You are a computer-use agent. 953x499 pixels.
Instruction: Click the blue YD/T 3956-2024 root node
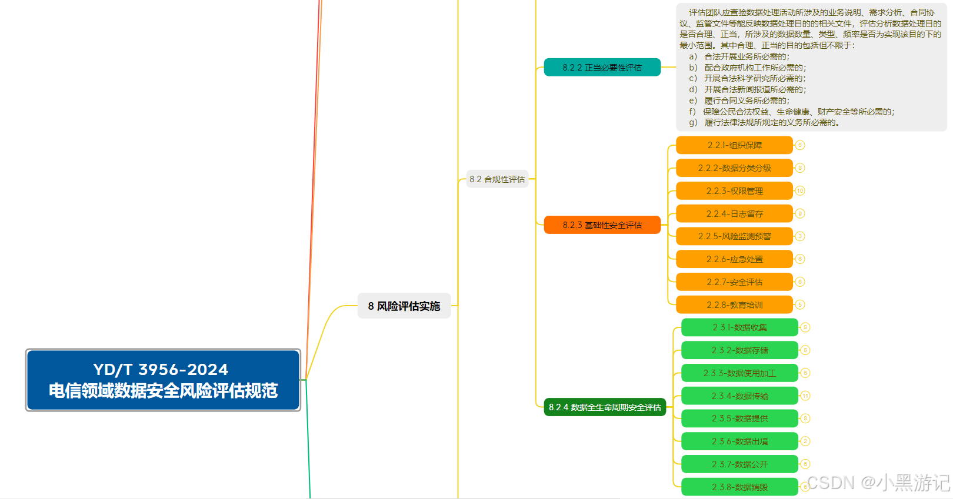(163, 380)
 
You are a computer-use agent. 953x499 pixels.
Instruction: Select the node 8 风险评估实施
(404, 306)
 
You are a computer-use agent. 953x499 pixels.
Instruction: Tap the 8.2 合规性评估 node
(497, 179)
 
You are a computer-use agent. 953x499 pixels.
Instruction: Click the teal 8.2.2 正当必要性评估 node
(602, 68)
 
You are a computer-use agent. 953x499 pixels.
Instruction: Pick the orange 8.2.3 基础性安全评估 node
(602, 225)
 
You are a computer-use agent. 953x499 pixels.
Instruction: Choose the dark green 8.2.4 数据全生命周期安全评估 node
(605, 407)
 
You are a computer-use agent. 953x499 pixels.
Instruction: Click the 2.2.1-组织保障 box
(734, 145)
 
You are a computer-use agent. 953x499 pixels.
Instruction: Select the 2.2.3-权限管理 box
(734, 191)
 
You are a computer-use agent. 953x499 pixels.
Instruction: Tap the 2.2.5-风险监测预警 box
(734, 236)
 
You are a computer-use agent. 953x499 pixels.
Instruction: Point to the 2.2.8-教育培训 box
(734, 305)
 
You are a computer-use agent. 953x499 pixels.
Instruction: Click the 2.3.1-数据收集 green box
(739, 327)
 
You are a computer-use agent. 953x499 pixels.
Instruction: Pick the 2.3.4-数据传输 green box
(739, 396)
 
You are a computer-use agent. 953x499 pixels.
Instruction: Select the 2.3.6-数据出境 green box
(739, 441)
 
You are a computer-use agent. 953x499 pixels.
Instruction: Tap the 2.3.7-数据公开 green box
(739, 464)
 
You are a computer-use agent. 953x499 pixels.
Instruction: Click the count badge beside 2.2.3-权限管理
(800, 191)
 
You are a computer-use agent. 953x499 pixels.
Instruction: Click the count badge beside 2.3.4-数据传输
(805, 396)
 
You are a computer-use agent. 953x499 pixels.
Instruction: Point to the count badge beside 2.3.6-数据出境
(805, 441)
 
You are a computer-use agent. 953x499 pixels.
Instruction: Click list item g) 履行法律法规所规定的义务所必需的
(764, 122)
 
